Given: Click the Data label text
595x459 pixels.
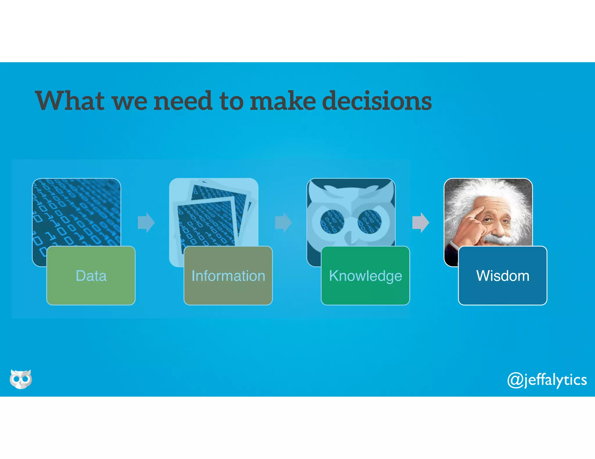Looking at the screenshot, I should [91, 276].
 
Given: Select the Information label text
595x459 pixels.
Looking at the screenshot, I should [228, 276].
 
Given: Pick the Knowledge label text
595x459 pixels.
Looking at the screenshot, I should [365, 276].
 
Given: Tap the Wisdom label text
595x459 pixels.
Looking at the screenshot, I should [503, 276].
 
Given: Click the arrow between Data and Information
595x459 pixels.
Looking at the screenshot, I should [146, 223].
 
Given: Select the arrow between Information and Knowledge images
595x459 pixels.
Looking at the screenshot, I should [283, 223].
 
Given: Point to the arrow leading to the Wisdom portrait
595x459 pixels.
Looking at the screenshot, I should [420, 223].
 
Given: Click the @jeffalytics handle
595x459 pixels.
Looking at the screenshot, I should [547, 380].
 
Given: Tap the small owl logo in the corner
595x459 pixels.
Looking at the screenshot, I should [21, 379].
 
